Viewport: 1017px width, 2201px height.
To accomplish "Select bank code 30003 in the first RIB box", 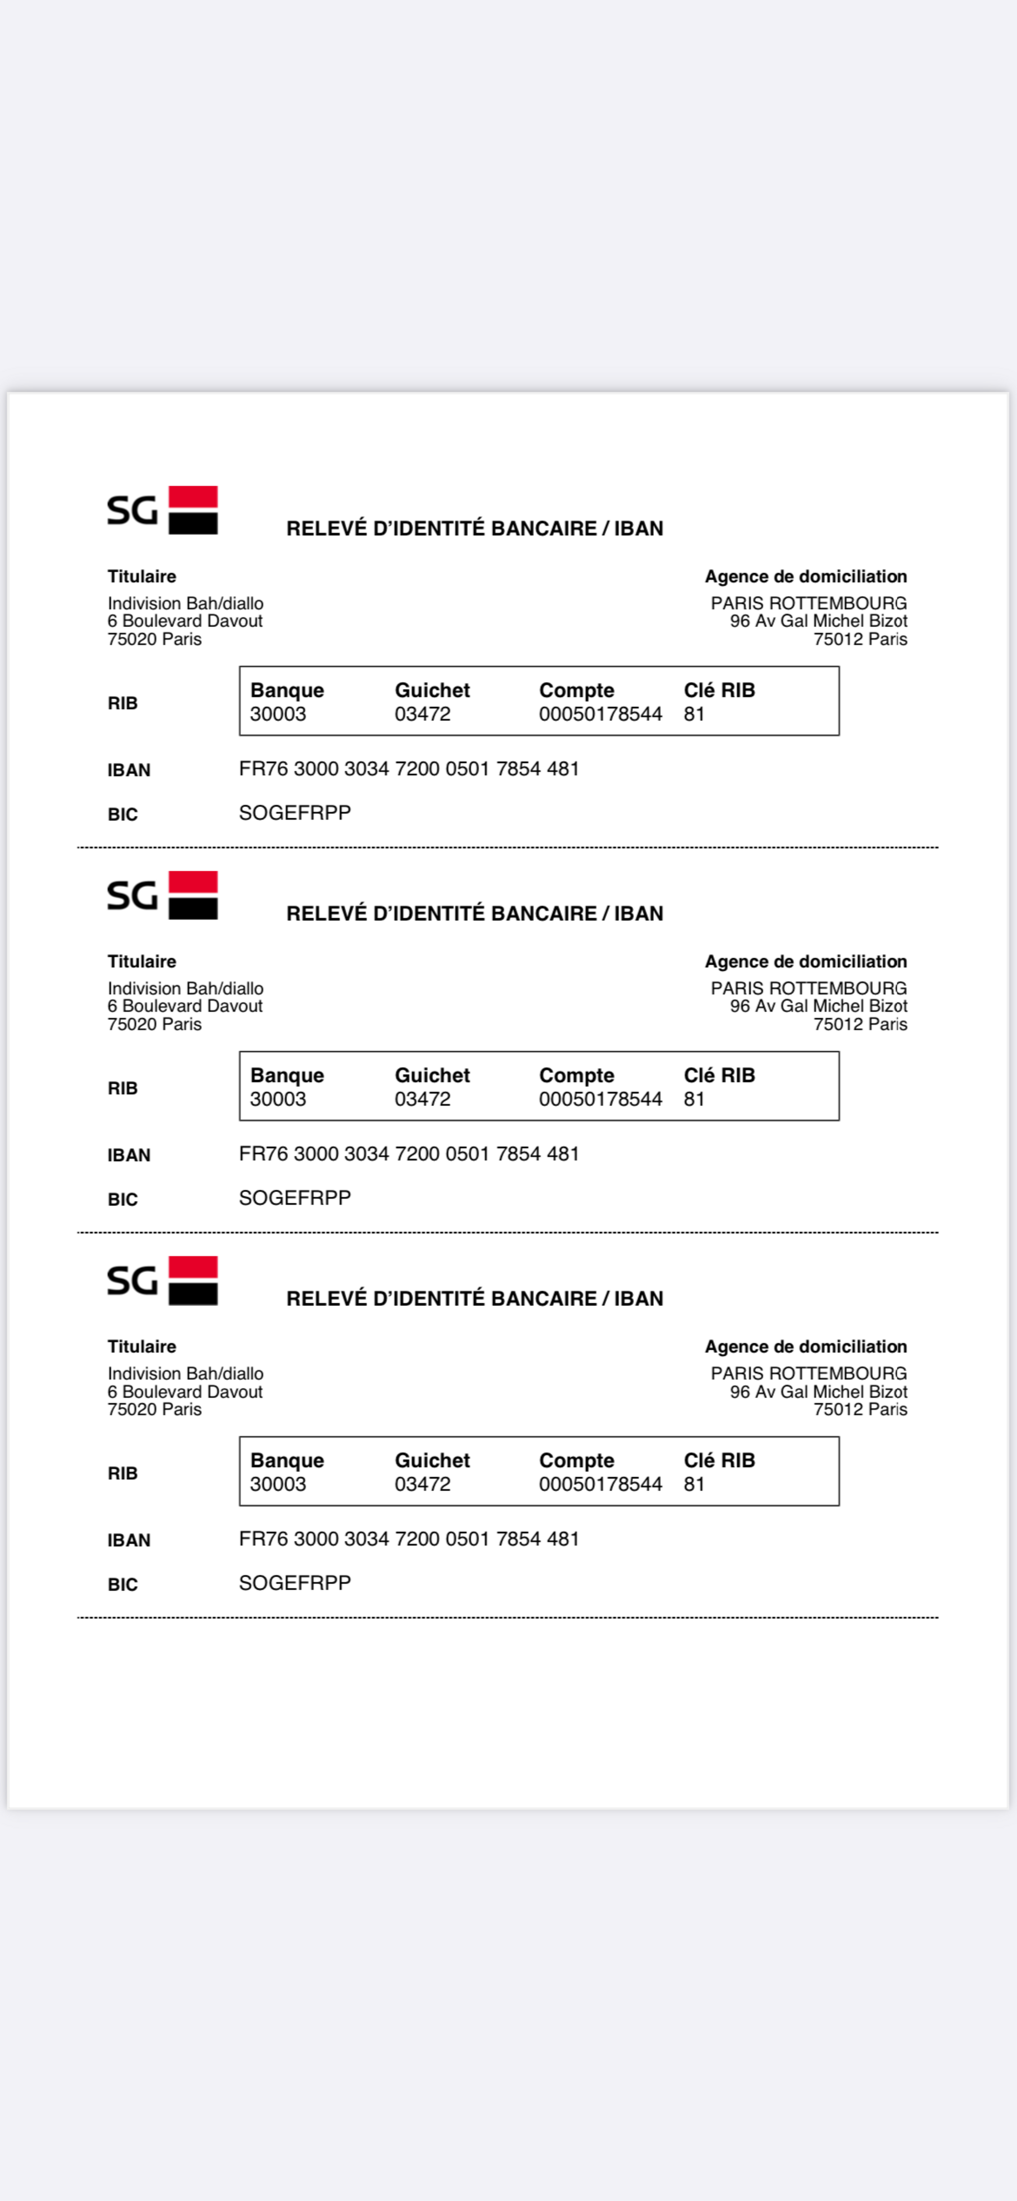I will tap(278, 715).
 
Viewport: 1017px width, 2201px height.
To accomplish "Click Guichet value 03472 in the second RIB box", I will tap(422, 1099).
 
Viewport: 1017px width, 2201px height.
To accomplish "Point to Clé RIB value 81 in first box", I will tap(694, 715).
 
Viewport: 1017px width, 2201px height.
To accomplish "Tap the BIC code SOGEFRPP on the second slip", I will tap(295, 1198).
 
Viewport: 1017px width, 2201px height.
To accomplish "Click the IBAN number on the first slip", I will tap(408, 769).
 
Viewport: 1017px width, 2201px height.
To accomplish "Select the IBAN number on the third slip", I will tap(408, 1539).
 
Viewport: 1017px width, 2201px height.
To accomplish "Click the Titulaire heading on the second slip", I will tap(142, 961).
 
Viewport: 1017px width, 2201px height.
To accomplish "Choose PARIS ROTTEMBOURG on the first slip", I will tap(809, 603).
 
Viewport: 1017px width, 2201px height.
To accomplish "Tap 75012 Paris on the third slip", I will tap(860, 1409).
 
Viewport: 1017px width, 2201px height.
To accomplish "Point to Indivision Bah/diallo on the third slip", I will tap(186, 1373).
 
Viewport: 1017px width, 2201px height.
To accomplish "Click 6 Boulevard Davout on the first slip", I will tap(185, 621).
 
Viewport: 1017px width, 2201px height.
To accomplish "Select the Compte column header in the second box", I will tap(576, 1075).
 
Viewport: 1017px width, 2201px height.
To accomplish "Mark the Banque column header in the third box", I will tap(287, 1460).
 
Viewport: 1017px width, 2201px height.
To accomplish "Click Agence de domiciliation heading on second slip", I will tap(805, 961).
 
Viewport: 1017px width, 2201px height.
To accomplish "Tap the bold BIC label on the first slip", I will tap(122, 814).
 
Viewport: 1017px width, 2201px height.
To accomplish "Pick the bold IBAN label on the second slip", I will tap(129, 1155).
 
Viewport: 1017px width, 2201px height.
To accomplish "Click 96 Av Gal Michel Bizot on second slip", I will tap(818, 1006).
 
